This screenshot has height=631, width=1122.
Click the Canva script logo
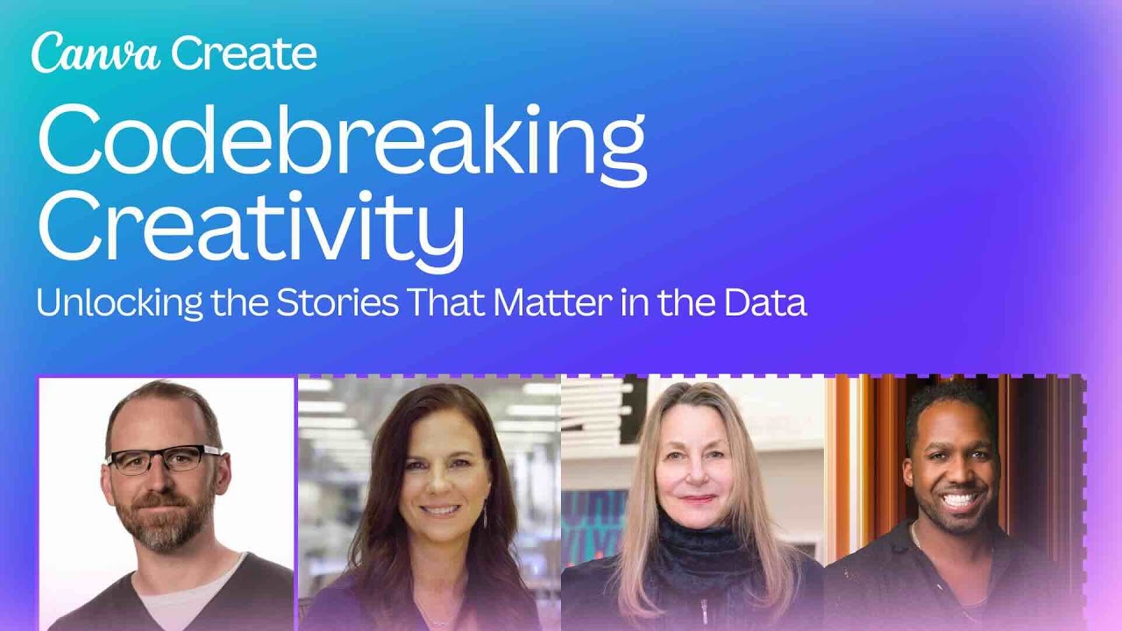96,53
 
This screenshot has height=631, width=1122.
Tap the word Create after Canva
244,53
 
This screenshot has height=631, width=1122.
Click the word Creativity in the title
251,223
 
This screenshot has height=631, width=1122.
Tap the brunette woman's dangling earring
485,515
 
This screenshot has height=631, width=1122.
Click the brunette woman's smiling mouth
440,509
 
